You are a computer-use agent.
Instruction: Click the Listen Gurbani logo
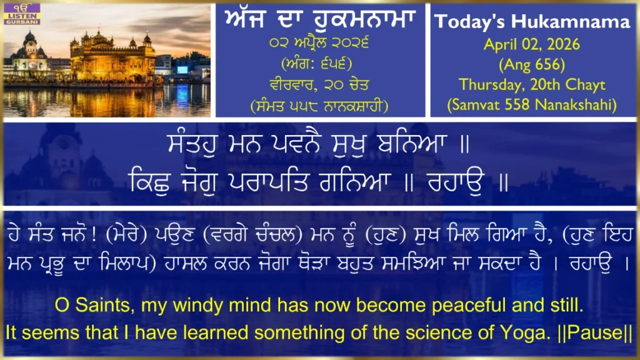22,14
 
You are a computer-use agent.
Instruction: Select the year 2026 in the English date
563,44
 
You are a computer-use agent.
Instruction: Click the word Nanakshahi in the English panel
573,105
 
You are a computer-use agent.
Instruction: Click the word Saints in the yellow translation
105,305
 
